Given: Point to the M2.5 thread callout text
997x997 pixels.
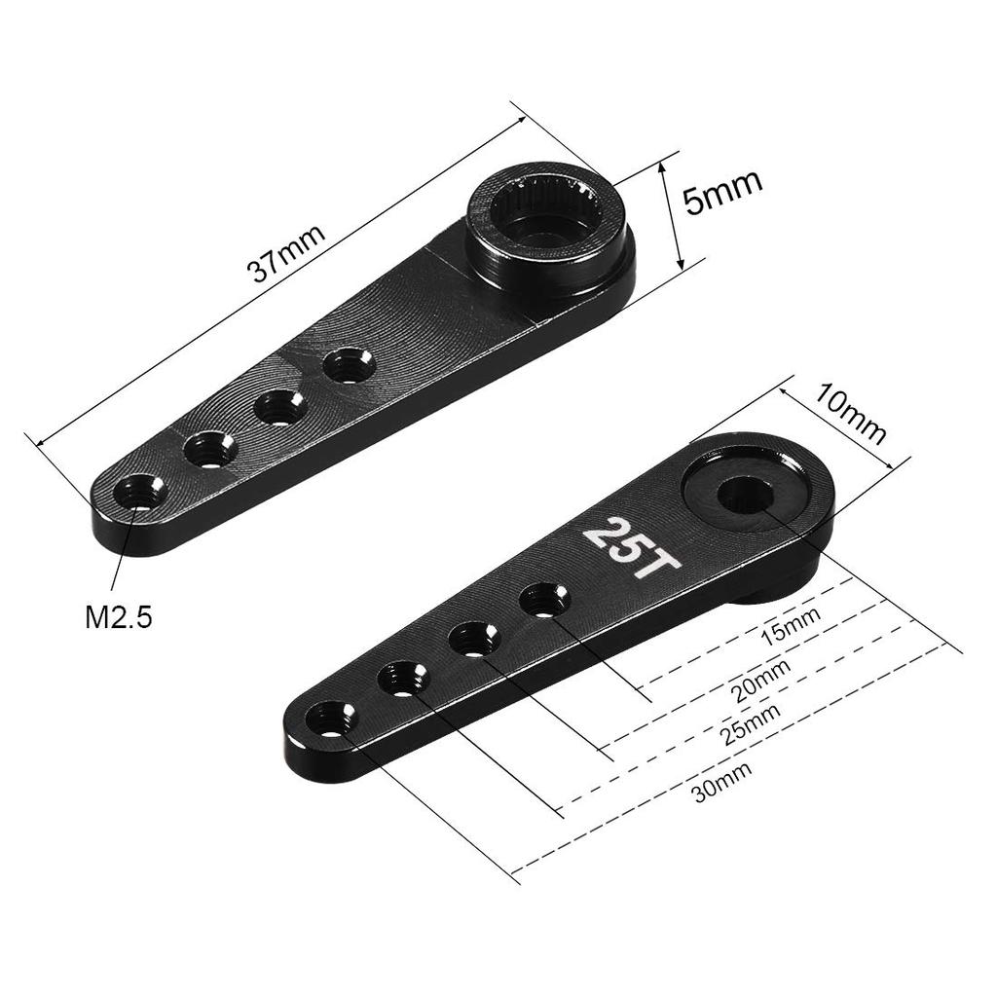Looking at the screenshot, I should (x=119, y=616).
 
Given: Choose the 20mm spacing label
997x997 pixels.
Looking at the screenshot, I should (x=760, y=679).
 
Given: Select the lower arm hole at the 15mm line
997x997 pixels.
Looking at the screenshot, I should (x=544, y=598).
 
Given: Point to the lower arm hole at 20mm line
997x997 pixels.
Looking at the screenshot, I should (x=474, y=639).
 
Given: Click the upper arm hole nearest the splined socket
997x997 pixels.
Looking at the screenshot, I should (x=350, y=367).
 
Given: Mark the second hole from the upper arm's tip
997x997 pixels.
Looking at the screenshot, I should (x=210, y=449).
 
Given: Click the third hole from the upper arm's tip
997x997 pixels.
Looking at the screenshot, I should (x=280, y=406).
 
